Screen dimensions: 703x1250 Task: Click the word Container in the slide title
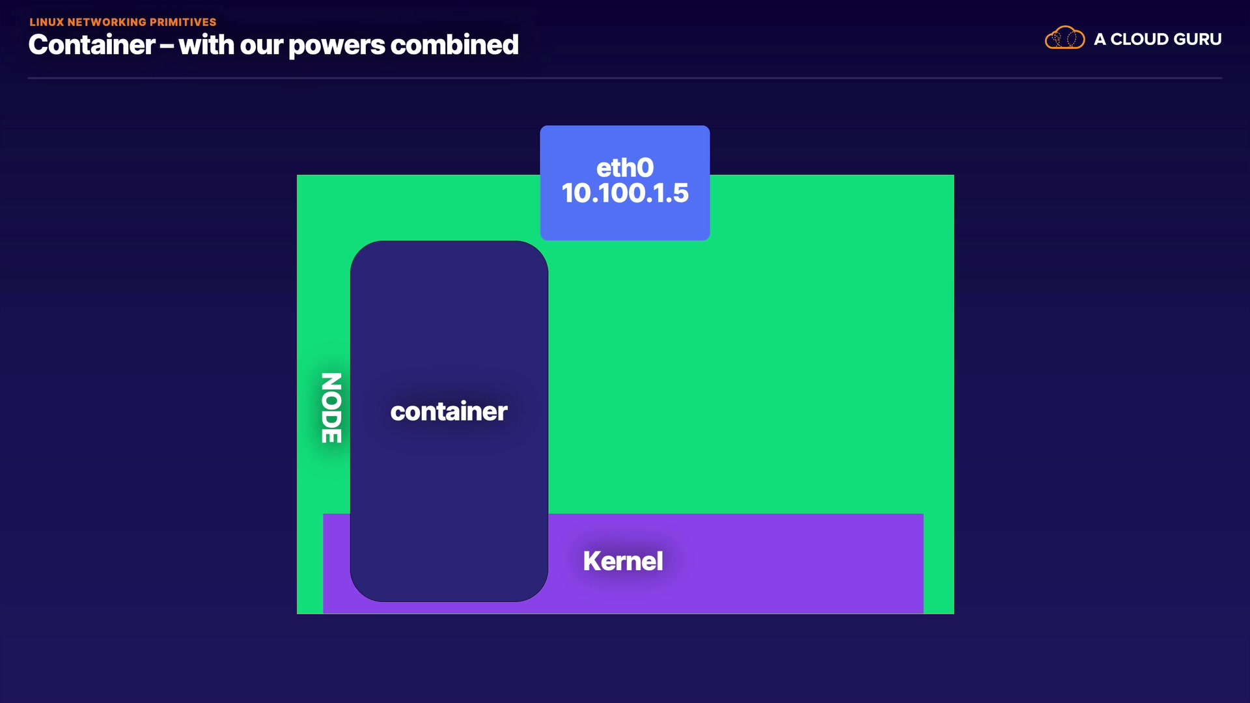pyautogui.click(x=92, y=46)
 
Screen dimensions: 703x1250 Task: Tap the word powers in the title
pyautogui.click(x=337, y=46)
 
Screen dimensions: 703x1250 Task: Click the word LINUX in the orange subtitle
pyautogui.click(x=46, y=22)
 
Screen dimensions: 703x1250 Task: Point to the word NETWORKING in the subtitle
pyautogui.click(x=107, y=22)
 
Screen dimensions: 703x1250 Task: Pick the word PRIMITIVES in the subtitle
pyautogui.click(x=183, y=22)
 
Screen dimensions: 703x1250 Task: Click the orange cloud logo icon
pyautogui.click(x=1064, y=38)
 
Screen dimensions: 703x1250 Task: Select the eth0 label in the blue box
pyautogui.click(x=625, y=168)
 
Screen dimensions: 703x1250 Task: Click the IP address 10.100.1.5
pyautogui.click(x=625, y=193)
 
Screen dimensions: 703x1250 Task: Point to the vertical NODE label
pyautogui.click(x=331, y=408)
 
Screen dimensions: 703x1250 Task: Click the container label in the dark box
pyautogui.click(x=449, y=411)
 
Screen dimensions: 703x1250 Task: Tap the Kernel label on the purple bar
pyautogui.click(x=623, y=561)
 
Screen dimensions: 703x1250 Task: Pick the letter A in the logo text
pyautogui.click(x=1100, y=39)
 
